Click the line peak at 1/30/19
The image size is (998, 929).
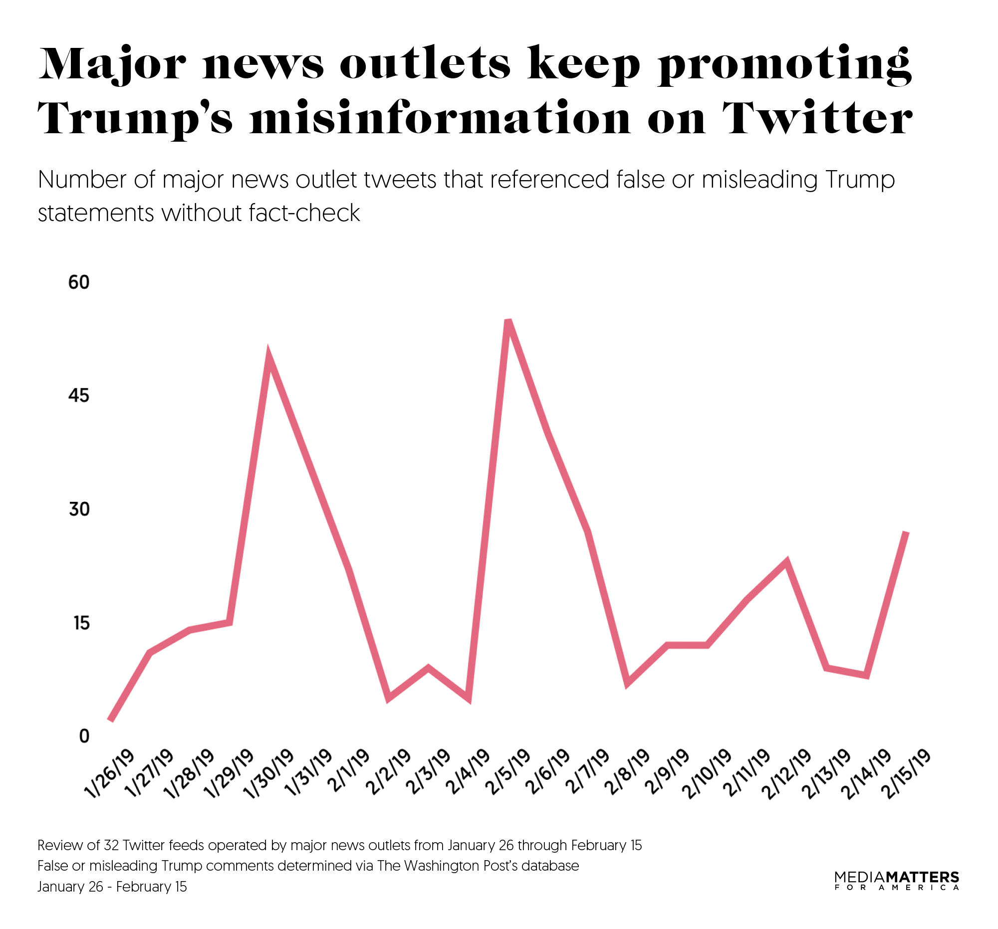point(269,358)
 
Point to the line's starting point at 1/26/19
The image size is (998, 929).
point(111,720)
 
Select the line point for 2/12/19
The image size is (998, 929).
point(786,561)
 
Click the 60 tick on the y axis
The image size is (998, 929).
point(79,282)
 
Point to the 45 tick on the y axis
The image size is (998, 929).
point(79,396)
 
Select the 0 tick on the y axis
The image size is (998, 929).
point(84,736)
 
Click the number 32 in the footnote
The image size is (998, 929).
point(111,845)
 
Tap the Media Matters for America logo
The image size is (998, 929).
point(897,880)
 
